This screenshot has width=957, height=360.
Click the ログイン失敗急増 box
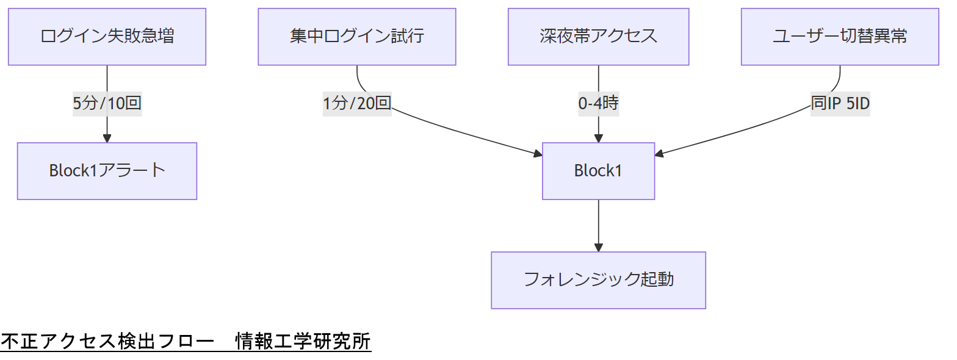107,37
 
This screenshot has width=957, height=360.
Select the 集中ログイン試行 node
357,37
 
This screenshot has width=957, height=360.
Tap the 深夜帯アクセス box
598,37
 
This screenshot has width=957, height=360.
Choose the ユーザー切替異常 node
840,37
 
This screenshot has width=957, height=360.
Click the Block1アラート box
107,171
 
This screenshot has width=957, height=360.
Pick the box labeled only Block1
598,171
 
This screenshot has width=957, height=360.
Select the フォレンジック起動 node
598,280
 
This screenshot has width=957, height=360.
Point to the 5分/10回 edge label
107,103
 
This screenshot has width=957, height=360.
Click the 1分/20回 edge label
357,103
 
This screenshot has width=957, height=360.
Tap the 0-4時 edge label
598,103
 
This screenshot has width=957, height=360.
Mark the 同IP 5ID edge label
840,103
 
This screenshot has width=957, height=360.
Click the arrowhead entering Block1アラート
107,139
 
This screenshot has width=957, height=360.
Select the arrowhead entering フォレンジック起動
598,248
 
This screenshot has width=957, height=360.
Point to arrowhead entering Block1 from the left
538,154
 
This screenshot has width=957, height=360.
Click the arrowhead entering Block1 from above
598,139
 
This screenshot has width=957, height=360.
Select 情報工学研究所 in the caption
303,342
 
